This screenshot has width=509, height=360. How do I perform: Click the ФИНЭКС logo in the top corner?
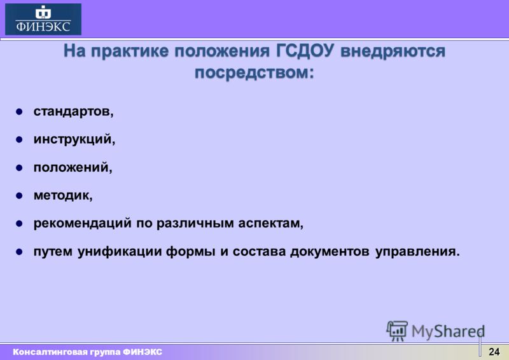(x=43, y=19)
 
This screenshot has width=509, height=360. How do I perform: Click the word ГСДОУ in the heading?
(x=305, y=51)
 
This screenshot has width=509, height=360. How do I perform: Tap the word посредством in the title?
(x=254, y=73)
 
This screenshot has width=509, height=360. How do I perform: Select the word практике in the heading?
(x=130, y=52)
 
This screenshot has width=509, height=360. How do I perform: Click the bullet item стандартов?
(x=74, y=111)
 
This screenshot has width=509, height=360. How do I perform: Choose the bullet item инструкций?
(x=74, y=139)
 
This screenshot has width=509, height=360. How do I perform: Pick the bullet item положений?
(x=73, y=167)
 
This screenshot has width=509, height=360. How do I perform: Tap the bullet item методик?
(x=63, y=195)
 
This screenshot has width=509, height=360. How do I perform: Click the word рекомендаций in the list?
(x=83, y=223)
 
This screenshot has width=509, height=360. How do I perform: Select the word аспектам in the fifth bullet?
(x=270, y=224)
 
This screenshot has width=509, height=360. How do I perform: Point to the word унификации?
(x=120, y=252)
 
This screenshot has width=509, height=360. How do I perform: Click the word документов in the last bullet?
(x=330, y=252)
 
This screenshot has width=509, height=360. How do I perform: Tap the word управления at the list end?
(x=417, y=252)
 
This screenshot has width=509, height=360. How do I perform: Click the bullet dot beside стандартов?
(x=19, y=112)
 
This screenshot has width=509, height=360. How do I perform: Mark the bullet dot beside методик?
(x=19, y=196)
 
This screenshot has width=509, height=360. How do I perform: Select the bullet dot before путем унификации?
(x=19, y=252)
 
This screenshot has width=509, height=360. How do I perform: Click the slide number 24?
(x=494, y=352)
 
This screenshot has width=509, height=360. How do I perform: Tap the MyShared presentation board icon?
(x=397, y=331)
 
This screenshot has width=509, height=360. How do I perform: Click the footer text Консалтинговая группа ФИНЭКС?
(x=87, y=352)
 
